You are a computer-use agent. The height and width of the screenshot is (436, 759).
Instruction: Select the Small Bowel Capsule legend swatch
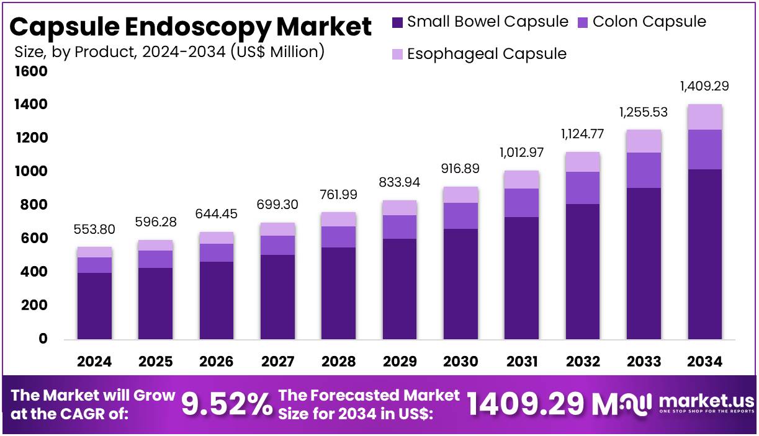(398, 23)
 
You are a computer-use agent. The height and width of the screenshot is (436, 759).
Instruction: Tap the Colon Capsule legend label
(649, 22)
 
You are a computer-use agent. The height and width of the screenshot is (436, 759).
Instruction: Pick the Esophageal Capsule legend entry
(487, 54)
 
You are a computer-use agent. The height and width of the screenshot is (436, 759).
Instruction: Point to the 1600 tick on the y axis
(30, 71)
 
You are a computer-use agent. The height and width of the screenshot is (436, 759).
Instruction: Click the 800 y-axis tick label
(34, 205)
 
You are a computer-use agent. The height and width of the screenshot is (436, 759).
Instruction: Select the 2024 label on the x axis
(94, 362)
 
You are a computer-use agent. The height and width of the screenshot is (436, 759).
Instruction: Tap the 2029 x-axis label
(400, 362)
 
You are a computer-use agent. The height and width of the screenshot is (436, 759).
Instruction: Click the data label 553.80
(95, 229)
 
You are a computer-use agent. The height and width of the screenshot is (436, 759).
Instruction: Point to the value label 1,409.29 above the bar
(705, 86)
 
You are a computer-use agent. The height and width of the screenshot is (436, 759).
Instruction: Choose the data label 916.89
(460, 169)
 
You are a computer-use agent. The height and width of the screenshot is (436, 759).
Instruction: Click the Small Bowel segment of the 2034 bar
(705, 254)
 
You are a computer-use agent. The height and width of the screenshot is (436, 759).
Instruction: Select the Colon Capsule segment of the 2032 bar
(583, 188)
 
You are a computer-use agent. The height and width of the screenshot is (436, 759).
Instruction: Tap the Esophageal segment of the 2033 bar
(644, 141)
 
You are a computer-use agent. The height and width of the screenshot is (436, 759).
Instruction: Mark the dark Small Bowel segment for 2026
(217, 300)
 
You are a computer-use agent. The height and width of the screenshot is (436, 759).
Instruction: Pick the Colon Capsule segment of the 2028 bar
(339, 237)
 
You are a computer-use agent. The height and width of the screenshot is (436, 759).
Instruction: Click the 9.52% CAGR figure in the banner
(227, 404)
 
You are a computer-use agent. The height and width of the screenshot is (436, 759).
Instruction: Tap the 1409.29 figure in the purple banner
(525, 404)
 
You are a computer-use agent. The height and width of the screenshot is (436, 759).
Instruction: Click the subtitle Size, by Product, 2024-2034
(169, 52)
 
